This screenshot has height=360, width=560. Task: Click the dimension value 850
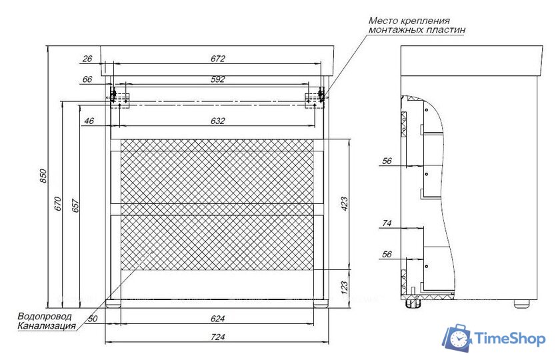(x=43, y=176)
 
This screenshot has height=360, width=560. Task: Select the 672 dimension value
(x=217, y=59)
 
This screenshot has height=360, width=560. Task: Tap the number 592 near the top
(x=217, y=79)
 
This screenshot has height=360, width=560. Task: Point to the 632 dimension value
(x=217, y=121)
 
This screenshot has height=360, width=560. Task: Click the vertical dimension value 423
(x=344, y=204)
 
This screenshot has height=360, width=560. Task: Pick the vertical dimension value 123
(x=344, y=288)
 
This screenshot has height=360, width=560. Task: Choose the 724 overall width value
(x=217, y=337)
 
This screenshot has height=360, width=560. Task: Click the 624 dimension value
(x=217, y=319)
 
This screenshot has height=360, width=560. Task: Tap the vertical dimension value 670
(x=58, y=204)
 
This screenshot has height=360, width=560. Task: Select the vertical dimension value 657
(x=76, y=205)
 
